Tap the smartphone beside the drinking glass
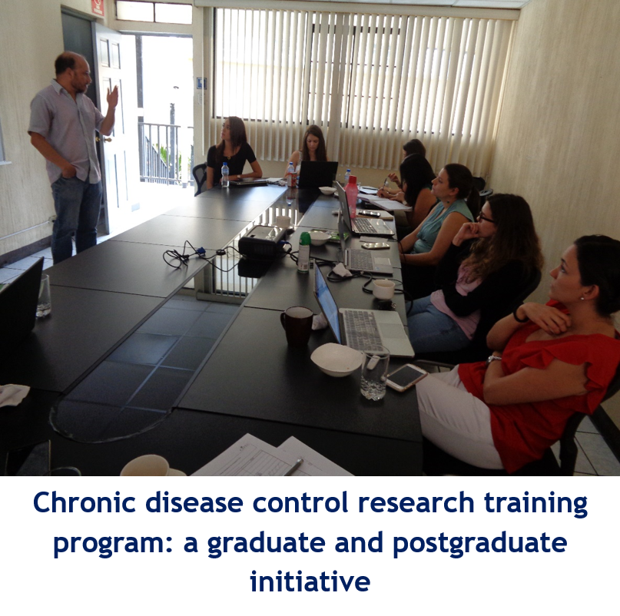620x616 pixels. (406, 377)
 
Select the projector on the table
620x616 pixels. (261, 241)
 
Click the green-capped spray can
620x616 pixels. (304, 252)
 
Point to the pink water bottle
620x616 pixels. (351, 197)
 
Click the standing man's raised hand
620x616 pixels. (113, 97)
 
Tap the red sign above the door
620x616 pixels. (98, 8)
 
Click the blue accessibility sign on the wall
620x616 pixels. (201, 84)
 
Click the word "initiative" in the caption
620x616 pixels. (310, 581)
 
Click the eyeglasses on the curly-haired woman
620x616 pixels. (486, 217)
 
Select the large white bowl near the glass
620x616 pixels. (337, 359)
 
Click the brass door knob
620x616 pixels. (105, 139)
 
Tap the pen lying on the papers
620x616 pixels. (293, 466)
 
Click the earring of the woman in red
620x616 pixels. (582, 298)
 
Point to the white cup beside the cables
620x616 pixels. (383, 289)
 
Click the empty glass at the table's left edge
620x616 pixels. (44, 296)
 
